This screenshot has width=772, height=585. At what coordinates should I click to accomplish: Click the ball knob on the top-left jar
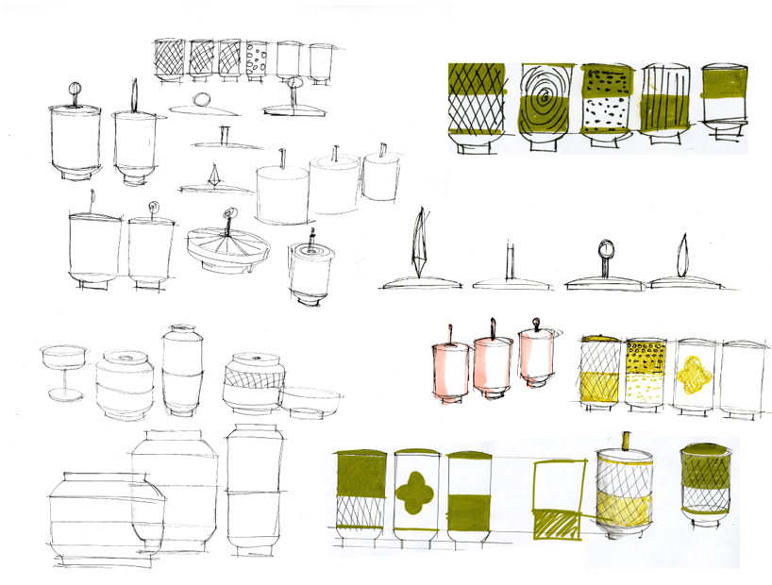click(x=75, y=92)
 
